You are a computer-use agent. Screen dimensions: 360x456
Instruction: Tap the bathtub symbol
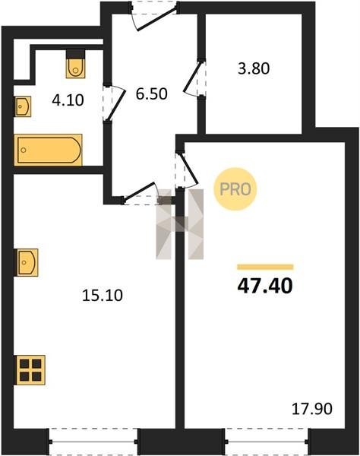click(x=49, y=150)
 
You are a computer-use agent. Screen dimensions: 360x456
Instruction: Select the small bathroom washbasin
click(x=23, y=106)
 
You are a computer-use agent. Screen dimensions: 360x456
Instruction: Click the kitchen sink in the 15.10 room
click(x=26, y=262)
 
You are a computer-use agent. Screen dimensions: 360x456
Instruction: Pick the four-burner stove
click(x=30, y=370)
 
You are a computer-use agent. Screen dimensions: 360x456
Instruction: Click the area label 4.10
click(x=68, y=100)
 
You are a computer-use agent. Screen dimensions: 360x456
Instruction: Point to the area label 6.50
click(x=151, y=94)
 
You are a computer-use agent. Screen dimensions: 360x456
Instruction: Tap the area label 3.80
click(x=254, y=68)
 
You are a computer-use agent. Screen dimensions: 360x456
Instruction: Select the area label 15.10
click(x=103, y=296)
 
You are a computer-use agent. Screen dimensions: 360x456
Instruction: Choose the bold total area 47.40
click(x=265, y=287)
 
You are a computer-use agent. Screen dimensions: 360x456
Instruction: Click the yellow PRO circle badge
click(x=235, y=189)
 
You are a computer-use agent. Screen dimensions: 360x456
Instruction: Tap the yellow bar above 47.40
click(x=265, y=267)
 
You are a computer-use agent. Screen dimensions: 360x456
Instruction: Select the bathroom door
click(x=114, y=103)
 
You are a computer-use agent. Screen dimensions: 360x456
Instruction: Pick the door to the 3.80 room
click(x=194, y=78)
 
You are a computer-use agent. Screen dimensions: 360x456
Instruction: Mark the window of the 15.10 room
click(x=93, y=441)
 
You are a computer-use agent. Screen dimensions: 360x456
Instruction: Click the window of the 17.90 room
click(x=267, y=441)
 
